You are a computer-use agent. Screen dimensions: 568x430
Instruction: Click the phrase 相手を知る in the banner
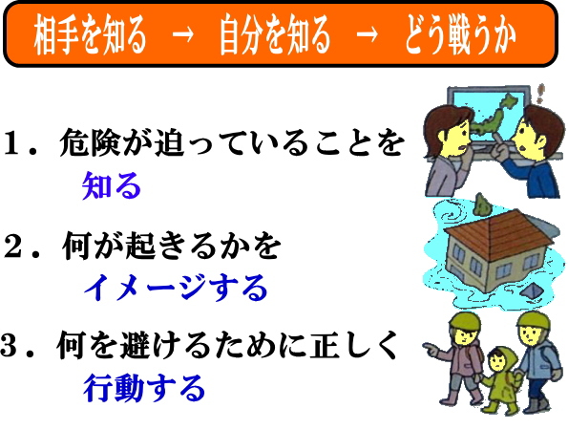[90, 35]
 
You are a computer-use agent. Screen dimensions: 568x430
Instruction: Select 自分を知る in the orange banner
[275, 35]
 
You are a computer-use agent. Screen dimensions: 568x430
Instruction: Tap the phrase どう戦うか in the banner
[460, 35]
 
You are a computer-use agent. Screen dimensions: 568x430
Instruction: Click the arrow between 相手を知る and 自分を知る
[182, 35]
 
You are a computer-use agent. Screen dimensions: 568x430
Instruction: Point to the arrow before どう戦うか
[367, 35]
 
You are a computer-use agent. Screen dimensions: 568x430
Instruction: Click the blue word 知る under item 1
[111, 185]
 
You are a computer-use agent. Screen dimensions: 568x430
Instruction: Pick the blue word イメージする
[176, 288]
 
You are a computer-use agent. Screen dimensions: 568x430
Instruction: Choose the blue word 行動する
[144, 388]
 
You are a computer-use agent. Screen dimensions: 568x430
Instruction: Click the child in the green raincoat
[501, 379]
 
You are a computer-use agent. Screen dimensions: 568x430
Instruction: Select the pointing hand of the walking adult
[431, 350]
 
